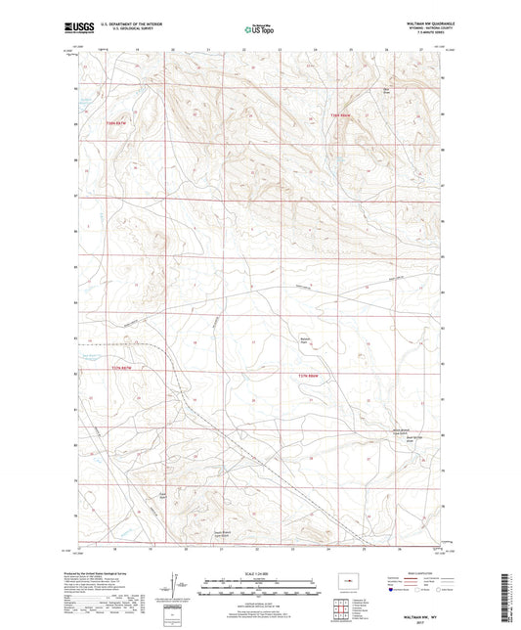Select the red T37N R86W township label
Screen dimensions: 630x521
coord(339,117)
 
